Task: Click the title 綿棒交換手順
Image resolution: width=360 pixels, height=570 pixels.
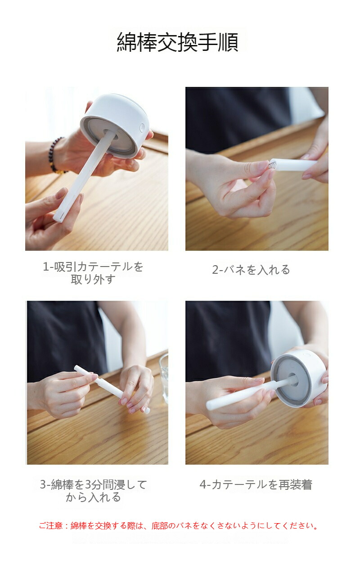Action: tap(178, 42)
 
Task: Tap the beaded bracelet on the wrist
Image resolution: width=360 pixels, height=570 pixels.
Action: tap(55, 156)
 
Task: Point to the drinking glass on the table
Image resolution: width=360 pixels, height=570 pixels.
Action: tap(164, 379)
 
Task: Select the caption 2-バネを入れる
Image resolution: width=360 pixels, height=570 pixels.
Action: tap(251, 270)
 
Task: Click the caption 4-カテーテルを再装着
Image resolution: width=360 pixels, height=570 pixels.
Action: tap(256, 485)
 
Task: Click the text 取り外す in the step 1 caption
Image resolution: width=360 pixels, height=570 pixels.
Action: tap(93, 280)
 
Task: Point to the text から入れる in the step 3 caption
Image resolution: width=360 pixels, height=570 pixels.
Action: tap(93, 497)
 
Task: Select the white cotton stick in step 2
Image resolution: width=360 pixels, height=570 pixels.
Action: tap(295, 165)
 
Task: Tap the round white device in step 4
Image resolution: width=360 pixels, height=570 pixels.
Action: tap(299, 378)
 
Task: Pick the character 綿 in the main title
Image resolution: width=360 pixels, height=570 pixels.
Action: tap(127, 42)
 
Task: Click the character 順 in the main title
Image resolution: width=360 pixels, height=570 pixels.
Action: tap(229, 42)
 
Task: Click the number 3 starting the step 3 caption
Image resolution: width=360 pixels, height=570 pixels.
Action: tap(43, 485)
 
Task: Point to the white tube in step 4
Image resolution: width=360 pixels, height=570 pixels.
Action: tap(251, 393)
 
